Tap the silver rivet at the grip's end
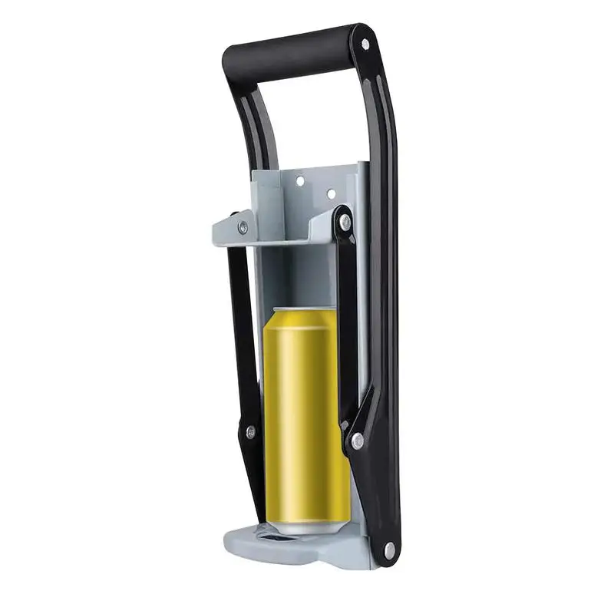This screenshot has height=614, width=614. tap(365, 44)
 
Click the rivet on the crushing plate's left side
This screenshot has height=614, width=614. tap(243, 227)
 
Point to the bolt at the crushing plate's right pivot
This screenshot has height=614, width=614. tap(345, 223)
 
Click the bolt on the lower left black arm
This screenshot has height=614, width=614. tap(249, 432)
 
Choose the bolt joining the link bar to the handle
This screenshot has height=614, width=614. tap(357, 441)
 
